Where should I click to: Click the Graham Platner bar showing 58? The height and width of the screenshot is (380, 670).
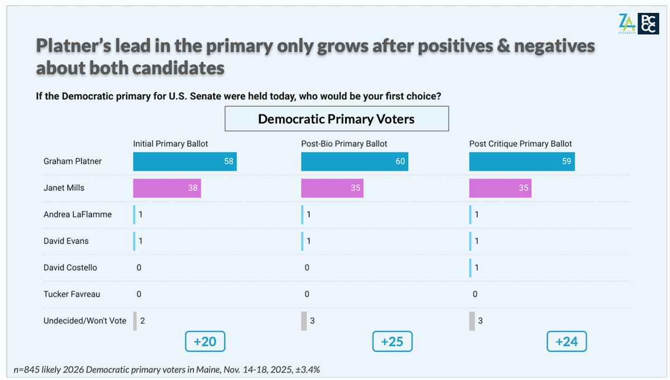(x=184, y=161)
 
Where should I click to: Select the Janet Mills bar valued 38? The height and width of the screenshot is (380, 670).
(x=166, y=188)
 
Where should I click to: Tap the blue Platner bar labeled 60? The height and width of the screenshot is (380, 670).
(x=354, y=161)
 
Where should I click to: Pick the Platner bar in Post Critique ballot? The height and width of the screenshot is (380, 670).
(x=521, y=161)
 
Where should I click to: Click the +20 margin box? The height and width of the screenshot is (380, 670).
(x=205, y=341)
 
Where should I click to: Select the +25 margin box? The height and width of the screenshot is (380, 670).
(x=392, y=341)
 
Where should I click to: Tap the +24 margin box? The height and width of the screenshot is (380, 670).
(x=567, y=341)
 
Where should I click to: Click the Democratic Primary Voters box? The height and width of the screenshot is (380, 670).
(x=336, y=119)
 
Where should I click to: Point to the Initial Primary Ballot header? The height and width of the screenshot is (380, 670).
(x=170, y=143)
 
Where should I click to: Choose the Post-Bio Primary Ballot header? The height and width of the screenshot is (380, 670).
(x=344, y=143)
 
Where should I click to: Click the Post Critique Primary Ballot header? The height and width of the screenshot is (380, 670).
(x=520, y=143)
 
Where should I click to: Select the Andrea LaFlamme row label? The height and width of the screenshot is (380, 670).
(x=78, y=214)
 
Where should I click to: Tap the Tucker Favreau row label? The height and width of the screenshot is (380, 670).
(x=72, y=294)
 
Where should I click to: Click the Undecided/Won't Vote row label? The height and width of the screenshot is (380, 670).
(x=85, y=321)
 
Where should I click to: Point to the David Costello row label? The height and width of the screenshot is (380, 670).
(x=70, y=267)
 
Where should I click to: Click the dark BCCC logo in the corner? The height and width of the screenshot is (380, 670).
(x=648, y=24)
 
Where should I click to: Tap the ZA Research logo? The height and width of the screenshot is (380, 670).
(x=626, y=23)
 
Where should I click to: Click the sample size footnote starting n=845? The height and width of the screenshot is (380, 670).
(x=166, y=369)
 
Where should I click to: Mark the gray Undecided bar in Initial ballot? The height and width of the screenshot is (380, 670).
(x=135, y=321)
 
